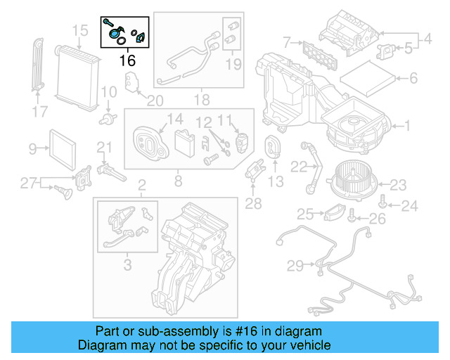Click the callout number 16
[x=127, y=60]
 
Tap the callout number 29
[x=295, y=265]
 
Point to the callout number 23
[x=398, y=185]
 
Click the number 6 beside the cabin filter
[x=413, y=79]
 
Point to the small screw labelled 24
[x=382, y=204]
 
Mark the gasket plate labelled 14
[x=149, y=144]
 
